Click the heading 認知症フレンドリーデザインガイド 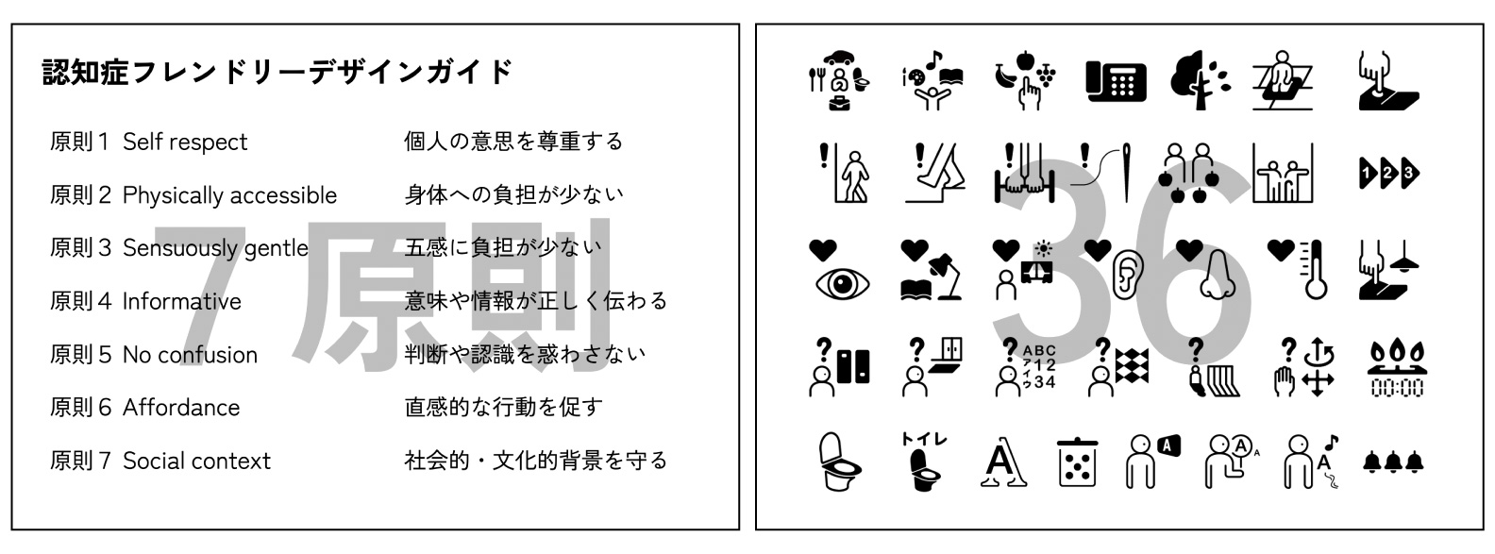pyautogui.click(x=277, y=72)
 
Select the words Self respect pyautogui.click(x=185, y=142)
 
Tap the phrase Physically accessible pyautogui.click(x=229, y=195)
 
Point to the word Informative pyautogui.click(x=181, y=301)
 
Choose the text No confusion pyautogui.click(x=191, y=355)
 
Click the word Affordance pyautogui.click(x=181, y=407)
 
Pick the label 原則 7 pyautogui.click(x=80, y=461)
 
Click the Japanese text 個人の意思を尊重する pyautogui.click(x=513, y=142)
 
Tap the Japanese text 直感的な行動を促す pyautogui.click(x=503, y=407)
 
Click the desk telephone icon pyautogui.click(x=1116, y=81)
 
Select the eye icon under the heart pyautogui.click(x=842, y=284)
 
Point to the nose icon pyautogui.click(x=1218, y=275)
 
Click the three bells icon pyautogui.click(x=1393, y=462)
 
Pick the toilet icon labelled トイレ pyautogui.click(x=924, y=462)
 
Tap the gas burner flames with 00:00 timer pyautogui.click(x=1397, y=368)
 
